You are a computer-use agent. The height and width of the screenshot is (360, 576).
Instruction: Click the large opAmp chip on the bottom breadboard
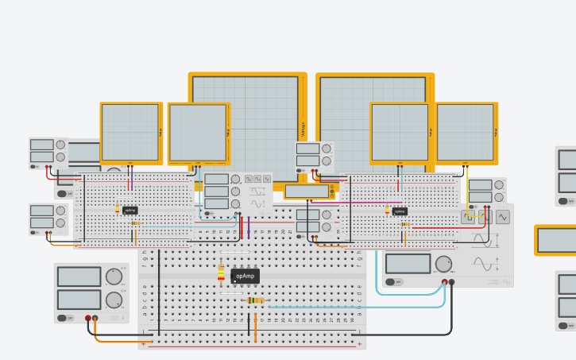tap(245, 276)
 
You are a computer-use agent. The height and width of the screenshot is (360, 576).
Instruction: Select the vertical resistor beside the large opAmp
tap(221, 273)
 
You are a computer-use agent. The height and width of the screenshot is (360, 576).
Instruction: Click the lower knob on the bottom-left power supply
tap(114, 300)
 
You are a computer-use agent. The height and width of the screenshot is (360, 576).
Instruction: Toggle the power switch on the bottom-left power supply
tap(62, 318)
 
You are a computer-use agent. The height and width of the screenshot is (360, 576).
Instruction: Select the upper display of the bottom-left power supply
tap(79, 277)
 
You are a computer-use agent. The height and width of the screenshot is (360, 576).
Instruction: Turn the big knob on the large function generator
tap(444, 264)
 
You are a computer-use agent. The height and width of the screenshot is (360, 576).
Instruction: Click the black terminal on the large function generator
tap(452, 282)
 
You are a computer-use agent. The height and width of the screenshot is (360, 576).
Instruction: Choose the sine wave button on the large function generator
tap(502, 215)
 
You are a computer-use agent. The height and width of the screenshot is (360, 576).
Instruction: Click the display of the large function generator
tap(407, 263)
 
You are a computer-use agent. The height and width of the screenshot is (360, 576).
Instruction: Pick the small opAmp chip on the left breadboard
tap(130, 211)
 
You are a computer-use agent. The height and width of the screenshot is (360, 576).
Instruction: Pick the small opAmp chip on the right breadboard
tap(400, 211)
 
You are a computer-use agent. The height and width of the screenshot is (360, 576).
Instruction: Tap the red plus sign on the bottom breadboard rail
tap(360, 344)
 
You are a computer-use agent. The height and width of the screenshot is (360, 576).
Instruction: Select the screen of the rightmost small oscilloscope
tap(465, 132)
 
